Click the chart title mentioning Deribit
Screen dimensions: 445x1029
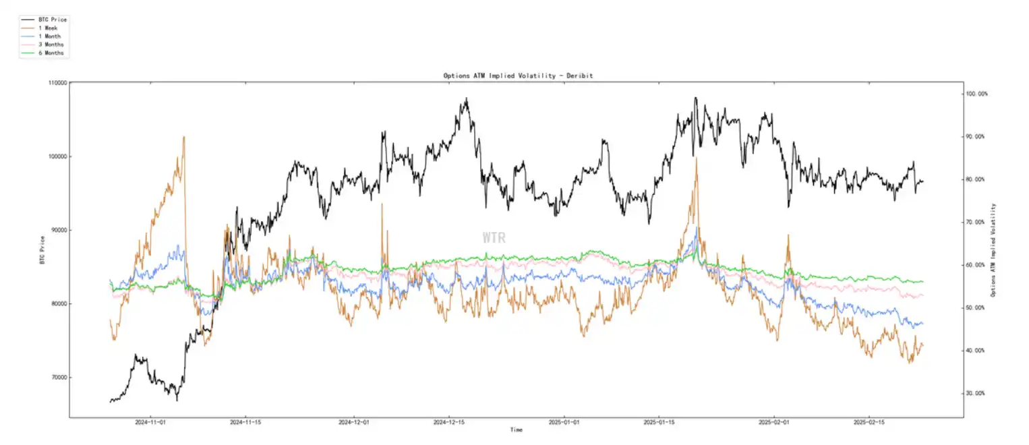click(x=518, y=76)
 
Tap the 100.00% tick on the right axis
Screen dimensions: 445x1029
click(x=976, y=94)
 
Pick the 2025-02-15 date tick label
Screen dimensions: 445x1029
click(x=869, y=423)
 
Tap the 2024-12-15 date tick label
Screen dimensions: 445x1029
click(x=449, y=423)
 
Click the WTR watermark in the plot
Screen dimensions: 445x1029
click(x=494, y=237)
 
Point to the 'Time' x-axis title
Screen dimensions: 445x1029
click(x=516, y=430)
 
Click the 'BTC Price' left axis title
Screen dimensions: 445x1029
click(x=42, y=249)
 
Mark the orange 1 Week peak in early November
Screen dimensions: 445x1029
click(x=183, y=137)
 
